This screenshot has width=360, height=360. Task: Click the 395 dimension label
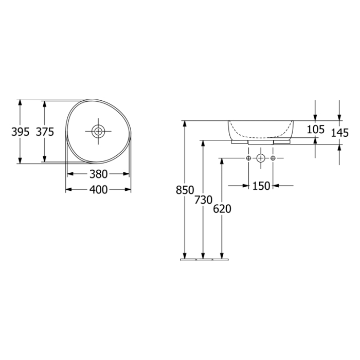coord(20,132)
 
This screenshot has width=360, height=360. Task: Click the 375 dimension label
coord(45,132)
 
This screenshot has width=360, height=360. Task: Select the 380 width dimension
coord(98,174)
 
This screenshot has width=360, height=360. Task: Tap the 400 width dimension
coord(98,190)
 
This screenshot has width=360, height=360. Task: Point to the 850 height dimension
coord(184,190)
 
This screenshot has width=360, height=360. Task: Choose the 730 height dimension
coord(204,200)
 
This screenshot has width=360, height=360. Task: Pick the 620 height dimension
coord(222,209)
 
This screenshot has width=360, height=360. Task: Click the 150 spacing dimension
coord(261,186)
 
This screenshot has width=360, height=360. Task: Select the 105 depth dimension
coord(315,130)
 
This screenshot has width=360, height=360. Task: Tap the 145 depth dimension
coord(339,133)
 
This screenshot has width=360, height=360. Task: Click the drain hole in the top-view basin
coord(98,131)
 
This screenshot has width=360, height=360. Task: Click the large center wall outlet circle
coord(261,157)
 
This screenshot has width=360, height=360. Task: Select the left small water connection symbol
coord(248,157)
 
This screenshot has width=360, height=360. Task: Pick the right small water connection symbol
coord(273,157)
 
